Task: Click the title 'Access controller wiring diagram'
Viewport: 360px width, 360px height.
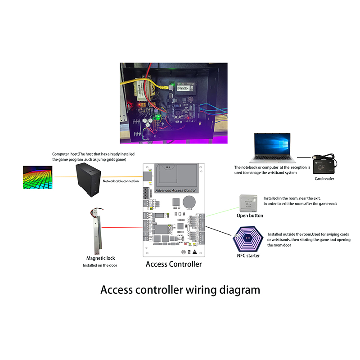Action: pyautogui.click(x=180, y=289)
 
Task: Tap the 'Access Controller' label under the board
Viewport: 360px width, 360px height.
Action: pyautogui.click(x=174, y=264)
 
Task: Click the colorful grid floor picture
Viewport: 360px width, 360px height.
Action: pyautogui.click(x=42, y=177)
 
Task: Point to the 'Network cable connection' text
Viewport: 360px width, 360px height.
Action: pyautogui.click(x=121, y=181)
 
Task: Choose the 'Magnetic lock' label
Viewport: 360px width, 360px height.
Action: pyautogui.click(x=101, y=258)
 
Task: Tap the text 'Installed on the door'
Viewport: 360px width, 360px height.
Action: pyautogui.click(x=100, y=265)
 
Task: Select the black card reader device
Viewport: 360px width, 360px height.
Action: pyautogui.click(x=325, y=165)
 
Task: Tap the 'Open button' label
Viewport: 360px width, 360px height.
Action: pyautogui.click(x=250, y=216)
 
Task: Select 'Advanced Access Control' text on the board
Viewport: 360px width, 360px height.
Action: pyautogui.click(x=175, y=191)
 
